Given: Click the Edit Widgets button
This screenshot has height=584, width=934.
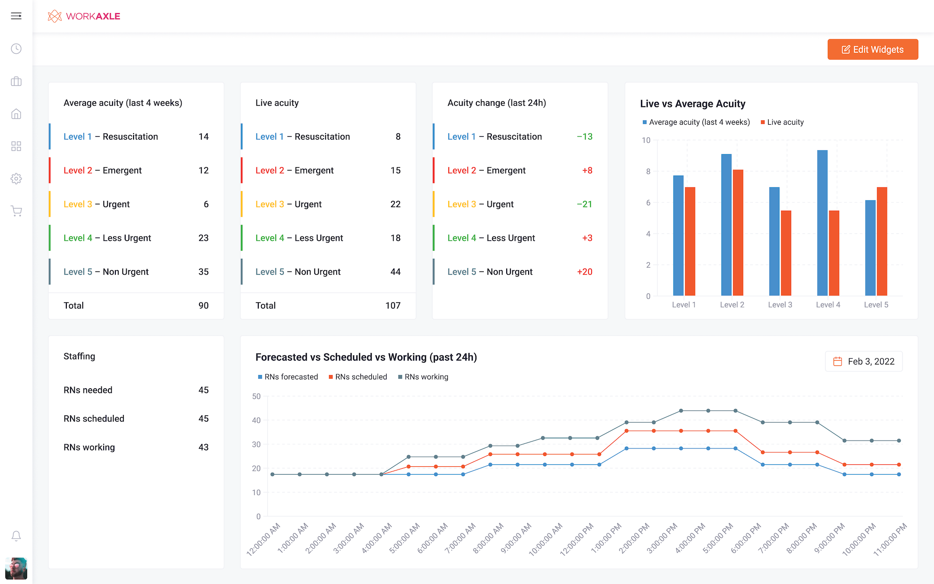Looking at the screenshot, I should [x=872, y=50].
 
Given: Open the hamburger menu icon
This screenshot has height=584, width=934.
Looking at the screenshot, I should [x=16, y=16].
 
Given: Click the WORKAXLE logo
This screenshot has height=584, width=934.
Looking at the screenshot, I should [x=84, y=16].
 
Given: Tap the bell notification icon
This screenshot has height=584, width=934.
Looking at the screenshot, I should [x=16, y=536].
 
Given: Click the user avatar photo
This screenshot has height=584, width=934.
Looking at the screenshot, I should [x=16, y=568].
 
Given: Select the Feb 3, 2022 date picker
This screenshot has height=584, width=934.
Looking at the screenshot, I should [x=864, y=362].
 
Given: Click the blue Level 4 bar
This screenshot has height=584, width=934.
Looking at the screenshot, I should [x=822, y=223].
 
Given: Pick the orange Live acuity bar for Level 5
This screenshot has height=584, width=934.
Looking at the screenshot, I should [x=882, y=242].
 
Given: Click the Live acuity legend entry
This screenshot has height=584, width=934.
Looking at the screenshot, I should [x=782, y=122].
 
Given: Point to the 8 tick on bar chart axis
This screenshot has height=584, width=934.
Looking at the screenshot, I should [x=648, y=171].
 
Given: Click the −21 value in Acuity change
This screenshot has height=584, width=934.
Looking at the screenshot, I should [x=584, y=204].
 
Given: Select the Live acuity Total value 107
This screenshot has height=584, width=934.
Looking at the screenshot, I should [x=393, y=306].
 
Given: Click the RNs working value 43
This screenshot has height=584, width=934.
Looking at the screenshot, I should [x=203, y=447].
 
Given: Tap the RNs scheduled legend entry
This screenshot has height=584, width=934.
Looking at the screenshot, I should [x=358, y=377].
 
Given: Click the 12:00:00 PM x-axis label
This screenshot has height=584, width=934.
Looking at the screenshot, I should [x=577, y=539].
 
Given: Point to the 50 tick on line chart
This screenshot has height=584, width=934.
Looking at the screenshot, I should [x=256, y=396].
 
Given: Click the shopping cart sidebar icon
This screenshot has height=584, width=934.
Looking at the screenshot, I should [x=16, y=211].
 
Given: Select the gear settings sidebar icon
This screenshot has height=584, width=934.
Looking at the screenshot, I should [x=16, y=178].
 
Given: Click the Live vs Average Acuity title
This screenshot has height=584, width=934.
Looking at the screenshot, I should [x=693, y=104].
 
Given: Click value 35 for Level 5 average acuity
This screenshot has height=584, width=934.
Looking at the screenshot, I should [x=203, y=272].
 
